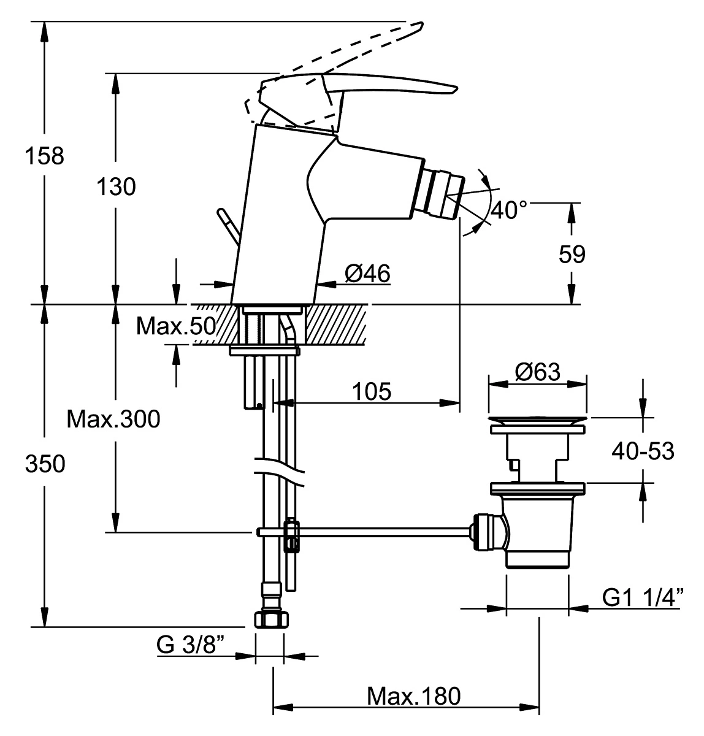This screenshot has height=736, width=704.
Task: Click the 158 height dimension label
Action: [45, 156]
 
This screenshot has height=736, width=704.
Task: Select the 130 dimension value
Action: [116, 187]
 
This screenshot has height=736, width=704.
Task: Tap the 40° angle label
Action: [508, 210]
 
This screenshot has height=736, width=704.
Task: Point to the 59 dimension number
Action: [572, 254]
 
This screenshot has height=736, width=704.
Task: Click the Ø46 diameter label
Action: [367, 273]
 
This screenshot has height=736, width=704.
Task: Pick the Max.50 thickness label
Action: [176, 326]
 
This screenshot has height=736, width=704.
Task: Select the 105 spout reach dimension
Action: [372, 391]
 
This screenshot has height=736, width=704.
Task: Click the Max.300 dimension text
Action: [113, 419]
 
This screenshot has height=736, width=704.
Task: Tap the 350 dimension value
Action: [45, 464]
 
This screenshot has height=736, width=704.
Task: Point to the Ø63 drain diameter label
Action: [537, 372]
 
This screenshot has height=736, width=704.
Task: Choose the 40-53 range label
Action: [643, 451]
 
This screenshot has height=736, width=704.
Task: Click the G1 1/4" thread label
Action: [643, 597]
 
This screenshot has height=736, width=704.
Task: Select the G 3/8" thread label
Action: [190, 645]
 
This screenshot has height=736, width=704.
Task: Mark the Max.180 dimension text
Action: [413, 696]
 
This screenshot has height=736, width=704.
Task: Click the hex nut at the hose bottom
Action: [272, 619]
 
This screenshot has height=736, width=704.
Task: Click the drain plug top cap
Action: [537, 420]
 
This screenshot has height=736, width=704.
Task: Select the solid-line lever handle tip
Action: [454, 90]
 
